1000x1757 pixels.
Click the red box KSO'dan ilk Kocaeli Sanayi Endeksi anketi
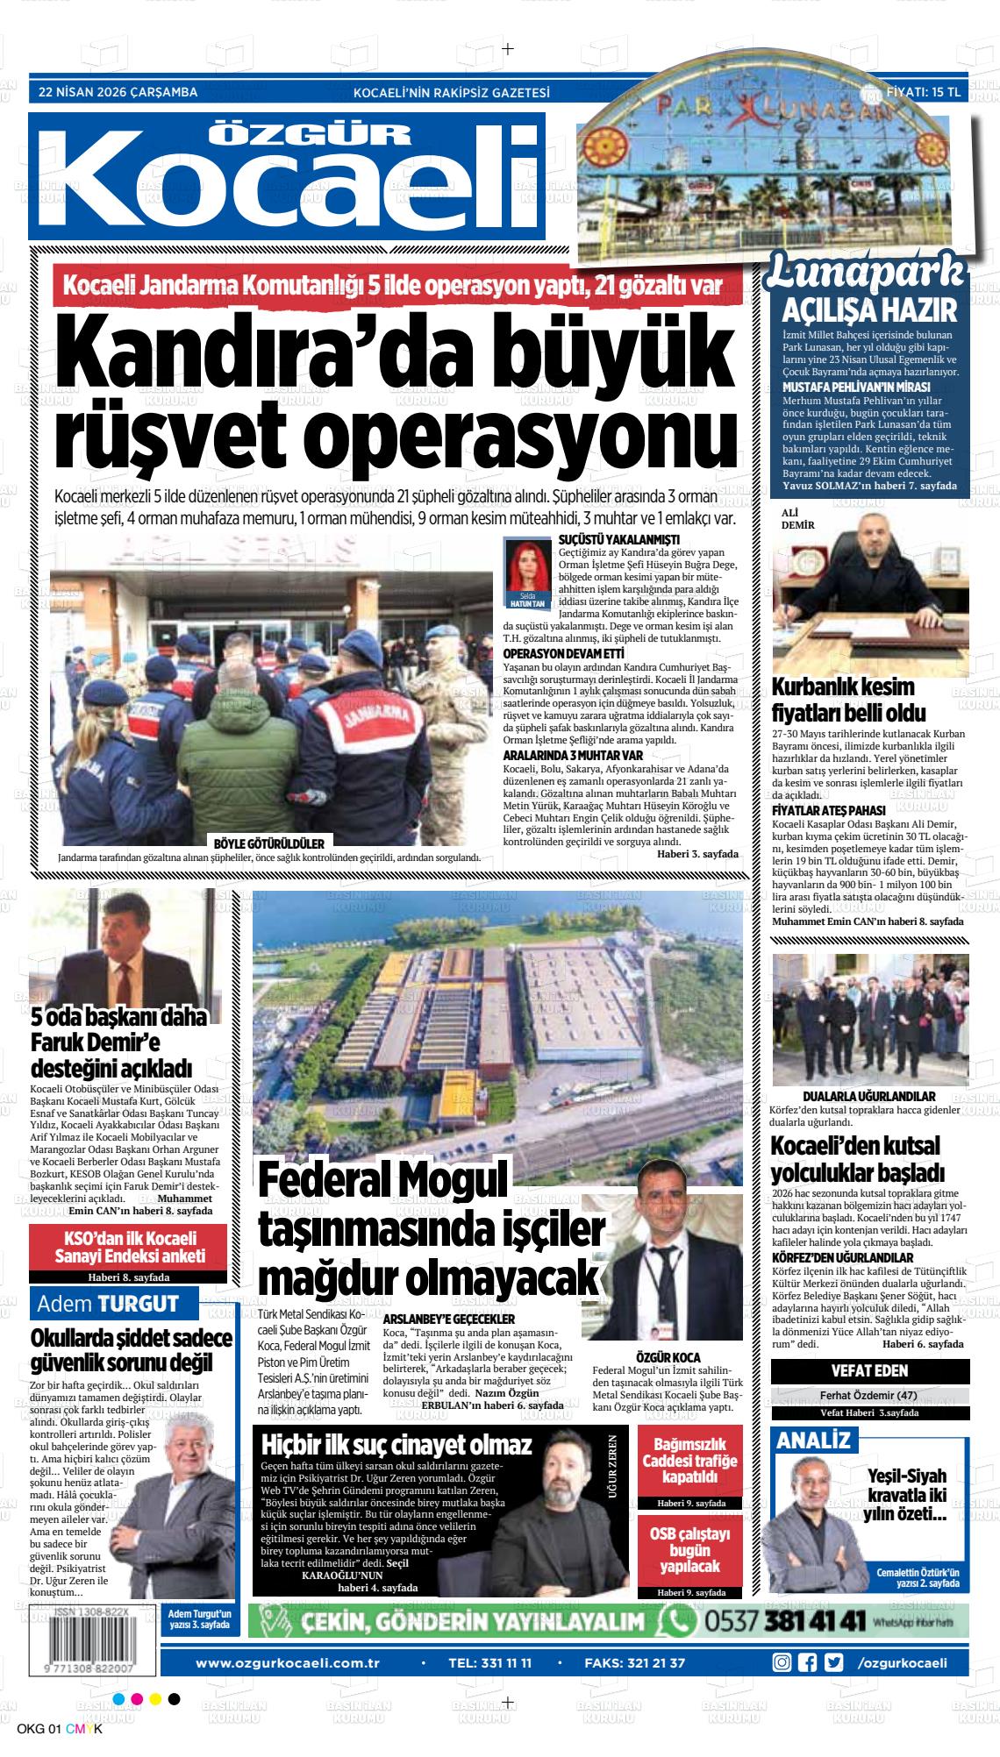point(128,1248)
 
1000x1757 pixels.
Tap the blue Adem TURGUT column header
point(108,1304)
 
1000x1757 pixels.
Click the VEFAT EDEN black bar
point(869,1370)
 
